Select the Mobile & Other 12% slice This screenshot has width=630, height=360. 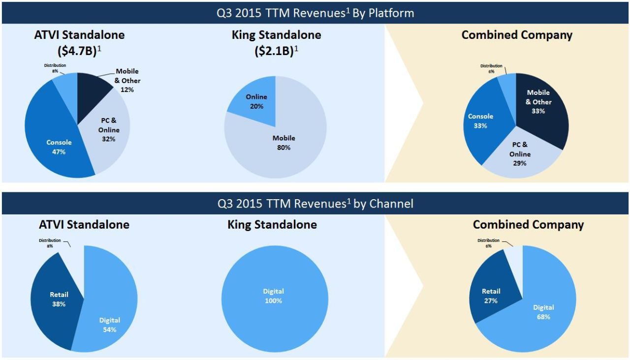click(94, 89)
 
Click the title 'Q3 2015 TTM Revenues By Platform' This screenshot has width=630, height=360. click(315, 13)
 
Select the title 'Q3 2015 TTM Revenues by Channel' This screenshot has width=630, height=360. click(315, 203)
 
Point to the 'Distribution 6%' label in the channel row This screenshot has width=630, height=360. click(488, 243)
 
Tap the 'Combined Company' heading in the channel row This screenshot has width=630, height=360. click(528, 225)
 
